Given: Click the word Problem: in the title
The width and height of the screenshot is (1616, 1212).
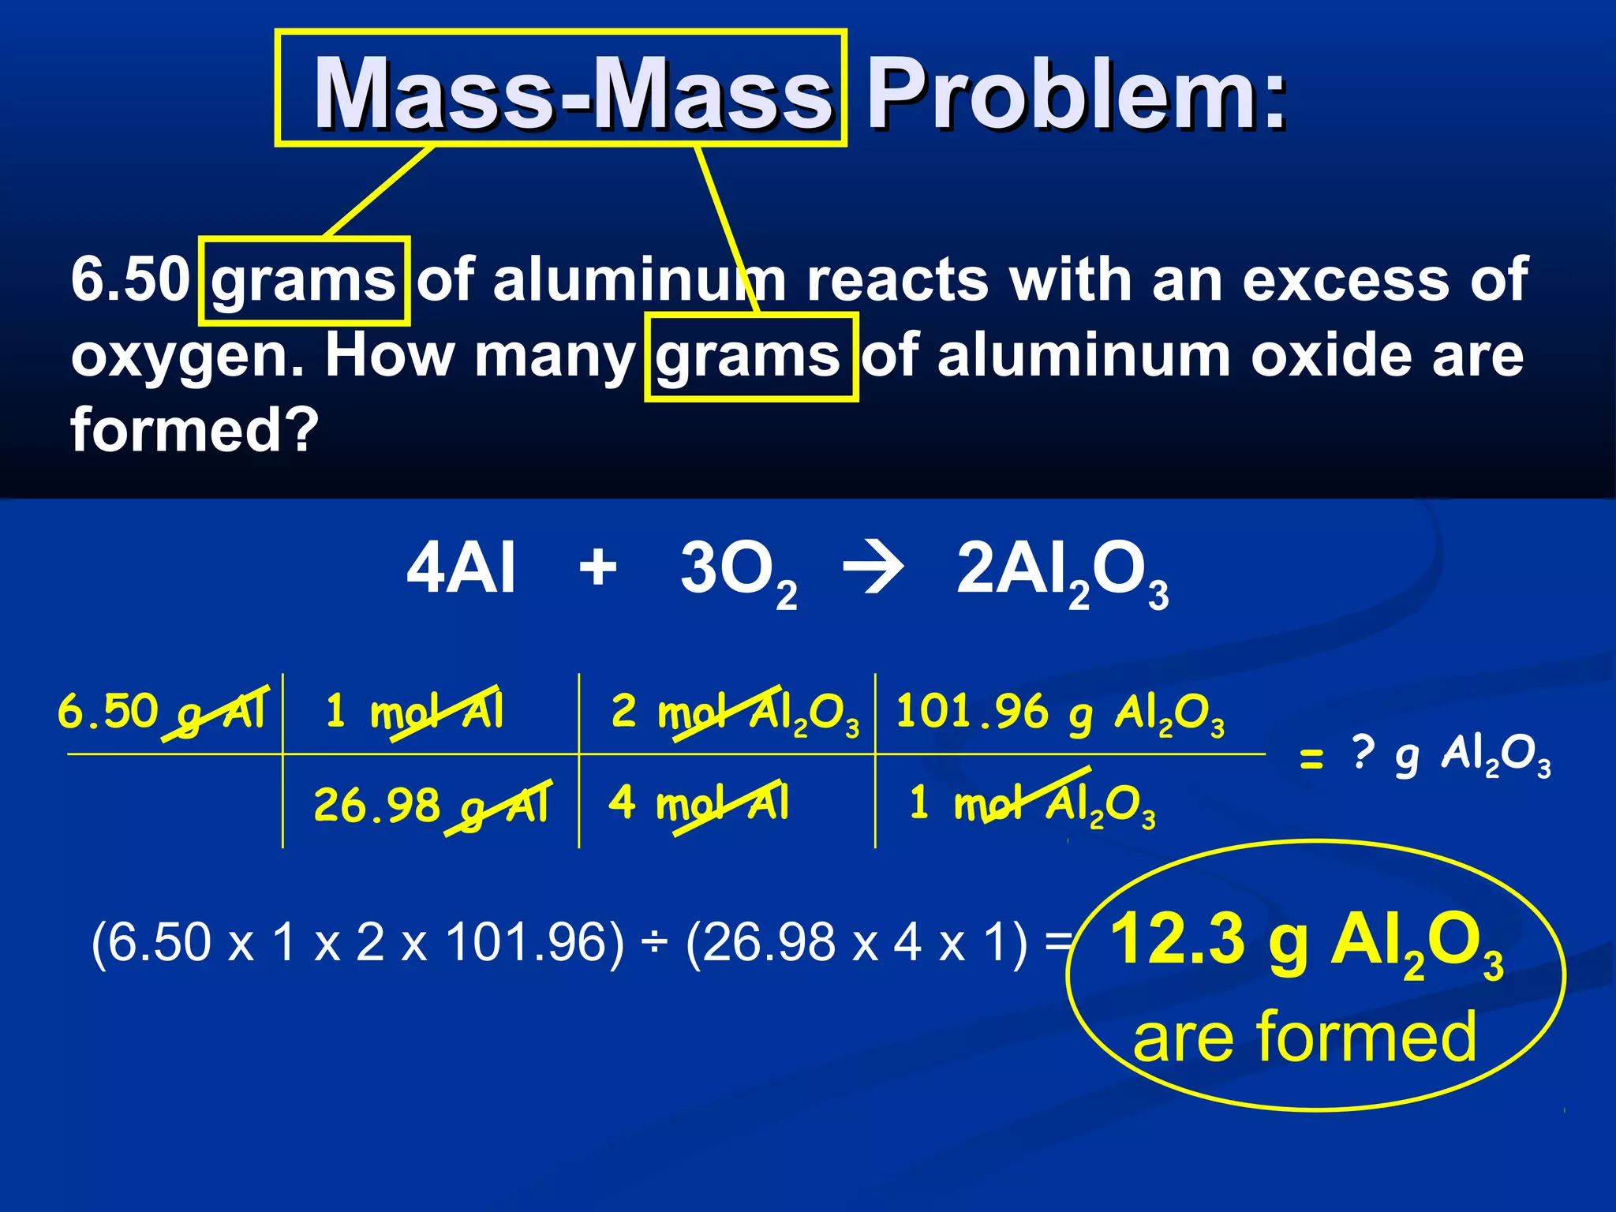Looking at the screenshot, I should tap(1077, 95).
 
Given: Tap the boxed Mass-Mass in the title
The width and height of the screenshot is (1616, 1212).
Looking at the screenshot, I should tap(572, 93).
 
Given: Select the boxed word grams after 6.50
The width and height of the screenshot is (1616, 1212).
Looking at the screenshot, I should tap(304, 280).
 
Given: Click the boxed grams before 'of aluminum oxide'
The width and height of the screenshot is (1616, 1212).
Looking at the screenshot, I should tap(750, 357).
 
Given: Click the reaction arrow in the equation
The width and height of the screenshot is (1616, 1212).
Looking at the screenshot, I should tap(873, 568).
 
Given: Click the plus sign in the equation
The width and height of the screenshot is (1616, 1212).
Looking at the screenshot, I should tap(598, 567).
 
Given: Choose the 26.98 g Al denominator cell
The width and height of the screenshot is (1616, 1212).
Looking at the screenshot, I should tap(431, 805).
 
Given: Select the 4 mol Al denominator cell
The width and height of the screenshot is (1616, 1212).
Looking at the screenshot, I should tap(699, 803).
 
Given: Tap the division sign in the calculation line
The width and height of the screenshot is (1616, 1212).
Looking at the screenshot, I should tap(654, 944).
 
